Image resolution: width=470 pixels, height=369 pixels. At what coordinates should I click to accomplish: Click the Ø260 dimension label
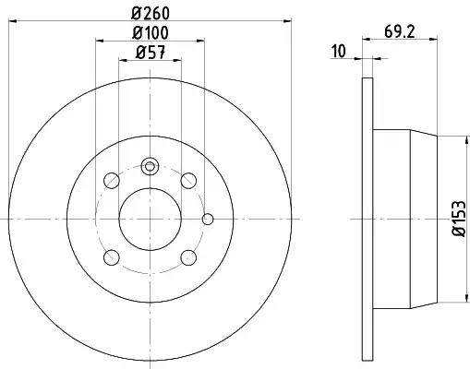click(151, 13)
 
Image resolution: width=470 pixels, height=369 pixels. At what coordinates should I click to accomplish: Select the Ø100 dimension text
click(151, 33)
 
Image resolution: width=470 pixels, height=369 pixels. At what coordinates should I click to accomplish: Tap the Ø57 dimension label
click(151, 53)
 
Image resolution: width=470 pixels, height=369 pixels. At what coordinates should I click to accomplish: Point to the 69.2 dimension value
click(400, 31)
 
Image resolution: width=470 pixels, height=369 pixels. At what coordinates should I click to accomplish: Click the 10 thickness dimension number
click(339, 51)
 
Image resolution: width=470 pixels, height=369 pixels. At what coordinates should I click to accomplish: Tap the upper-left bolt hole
click(112, 181)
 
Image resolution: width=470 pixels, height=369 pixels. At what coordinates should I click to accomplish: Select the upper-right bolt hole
click(188, 181)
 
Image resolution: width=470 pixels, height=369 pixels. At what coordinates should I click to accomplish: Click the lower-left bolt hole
click(112, 257)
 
